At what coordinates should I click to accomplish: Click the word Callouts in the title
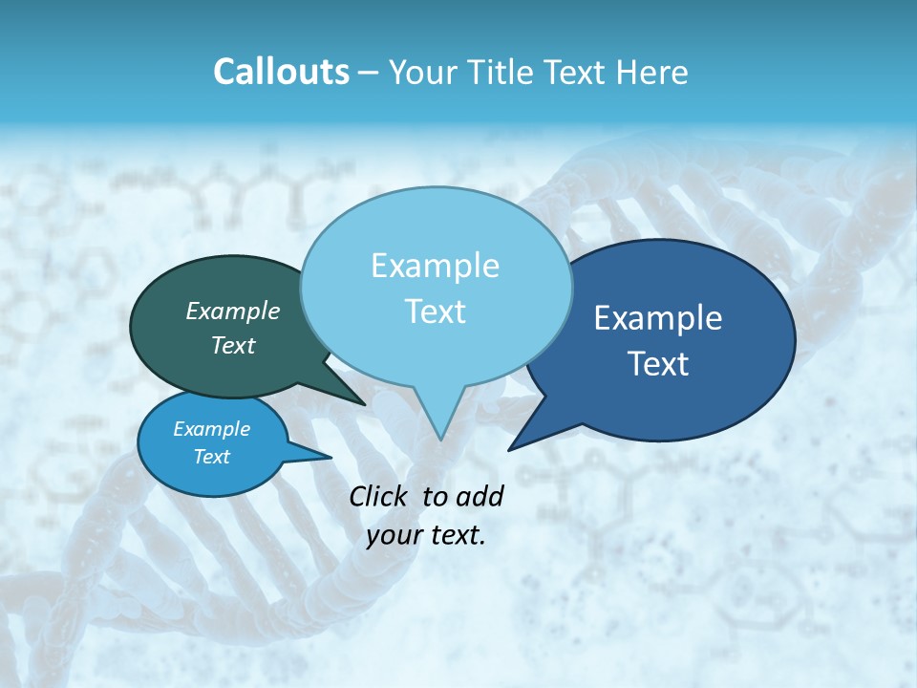point(281,72)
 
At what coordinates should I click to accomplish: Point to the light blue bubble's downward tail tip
point(440,440)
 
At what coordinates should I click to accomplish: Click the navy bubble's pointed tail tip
point(509,449)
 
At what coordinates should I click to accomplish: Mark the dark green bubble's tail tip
point(364,405)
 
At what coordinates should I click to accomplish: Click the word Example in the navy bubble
point(658,318)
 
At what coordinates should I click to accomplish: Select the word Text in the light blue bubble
point(436,312)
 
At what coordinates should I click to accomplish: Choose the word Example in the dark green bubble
point(232,311)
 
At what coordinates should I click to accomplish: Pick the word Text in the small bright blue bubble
point(211,457)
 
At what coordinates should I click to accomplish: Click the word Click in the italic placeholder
point(378,496)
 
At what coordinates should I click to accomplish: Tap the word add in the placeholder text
point(480,496)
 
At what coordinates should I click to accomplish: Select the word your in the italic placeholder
point(393,535)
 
